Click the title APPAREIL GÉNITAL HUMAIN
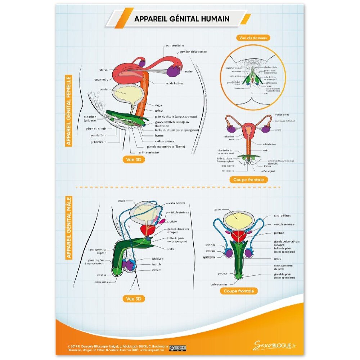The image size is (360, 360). point(181,19)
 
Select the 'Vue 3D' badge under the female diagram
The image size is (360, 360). point(134,160)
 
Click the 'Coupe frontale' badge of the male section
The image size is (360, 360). point(238,291)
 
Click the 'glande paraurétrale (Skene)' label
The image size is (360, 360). point(166,147)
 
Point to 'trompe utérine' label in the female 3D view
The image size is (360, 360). point(175,46)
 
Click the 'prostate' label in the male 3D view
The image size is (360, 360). point(172,222)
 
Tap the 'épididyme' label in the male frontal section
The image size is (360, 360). point(209,257)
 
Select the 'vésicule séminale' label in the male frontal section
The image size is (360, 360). point(284,224)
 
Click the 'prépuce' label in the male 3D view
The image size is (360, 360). point(102,275)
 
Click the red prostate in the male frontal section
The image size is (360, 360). point(237,237)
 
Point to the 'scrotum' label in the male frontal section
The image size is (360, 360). point(211,251)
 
